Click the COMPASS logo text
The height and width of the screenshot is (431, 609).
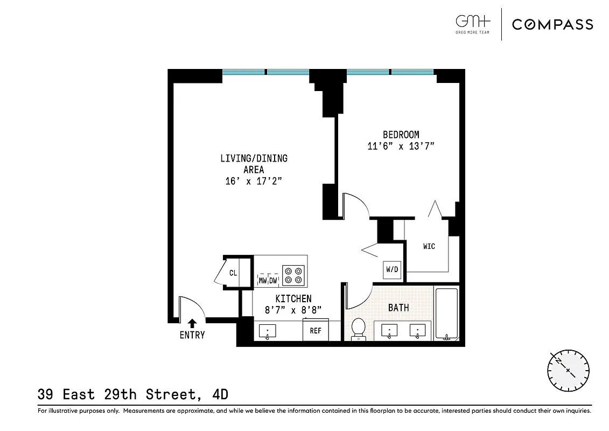tap(552, 24)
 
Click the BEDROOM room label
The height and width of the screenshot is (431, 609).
tap(401, 135)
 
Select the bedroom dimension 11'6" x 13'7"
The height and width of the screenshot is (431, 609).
tap(401, 145)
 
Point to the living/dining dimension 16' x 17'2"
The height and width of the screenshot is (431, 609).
tap(254, 182)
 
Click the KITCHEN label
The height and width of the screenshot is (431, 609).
tap(293, 298)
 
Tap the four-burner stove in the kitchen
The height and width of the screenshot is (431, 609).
tap(294, 275)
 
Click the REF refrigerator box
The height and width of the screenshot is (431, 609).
tap(315, 330)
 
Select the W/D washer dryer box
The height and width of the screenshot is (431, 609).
tap(391, 269)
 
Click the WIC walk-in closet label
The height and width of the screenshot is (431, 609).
tap(429, 246)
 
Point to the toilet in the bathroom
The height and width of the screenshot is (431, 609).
tap(358, 329)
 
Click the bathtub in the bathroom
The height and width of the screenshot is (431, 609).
tap(446, 315)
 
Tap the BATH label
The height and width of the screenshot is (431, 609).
tap(398, 308)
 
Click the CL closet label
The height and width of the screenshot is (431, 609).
tap(233, 273)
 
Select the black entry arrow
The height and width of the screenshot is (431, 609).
tap(192, 323)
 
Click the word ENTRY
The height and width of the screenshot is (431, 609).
tap(192, 335)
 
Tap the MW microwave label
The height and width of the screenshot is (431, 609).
tap(263, 281)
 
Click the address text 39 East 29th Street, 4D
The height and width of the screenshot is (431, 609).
tap(133, 395)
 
